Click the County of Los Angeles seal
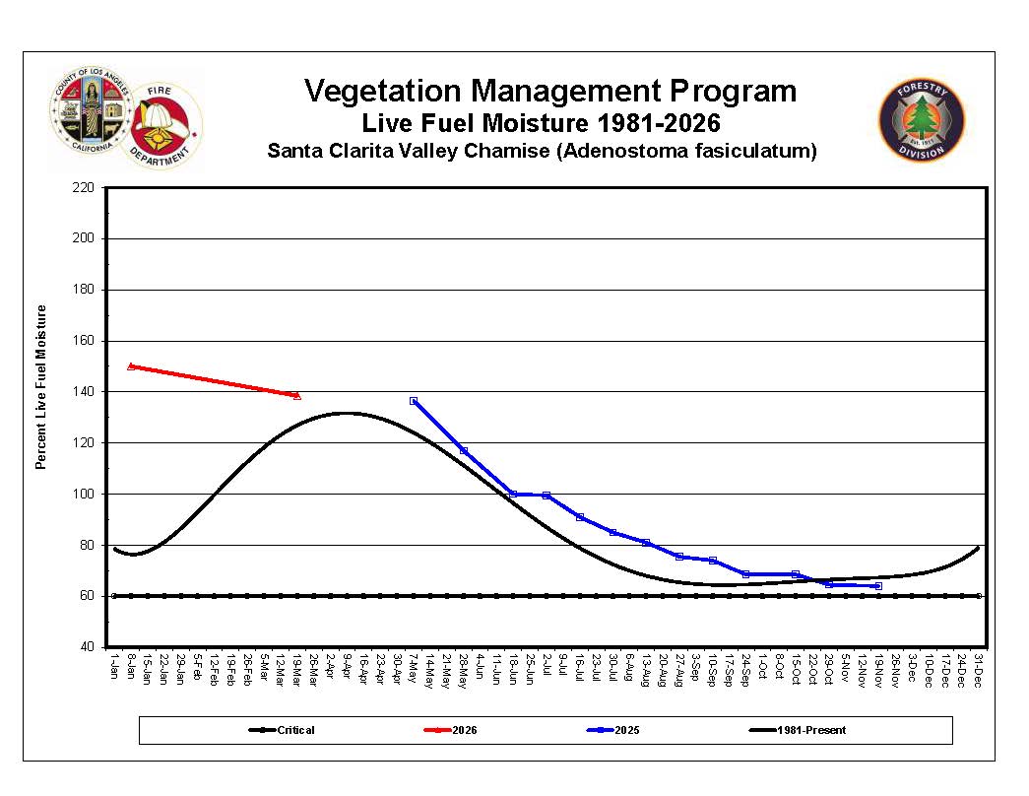[x=91, y=111]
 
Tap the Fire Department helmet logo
[x=163, y=126]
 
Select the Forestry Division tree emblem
[x=922, y=120]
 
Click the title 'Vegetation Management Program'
[x=549, y=92]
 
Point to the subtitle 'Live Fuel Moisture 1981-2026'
[x=541, y=124]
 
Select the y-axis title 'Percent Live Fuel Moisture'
[x=41, y=387]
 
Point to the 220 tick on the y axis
[x=84, y=187]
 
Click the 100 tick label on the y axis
[x=84, y=494]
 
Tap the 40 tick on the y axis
[x=87, y=647]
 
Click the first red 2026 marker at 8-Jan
[x=131, y=365]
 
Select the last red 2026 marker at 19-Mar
[x=296, y=395]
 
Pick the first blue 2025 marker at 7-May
[x=414, y=401]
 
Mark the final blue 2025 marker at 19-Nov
[x=878, y=586]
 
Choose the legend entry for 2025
[x=613, y=730]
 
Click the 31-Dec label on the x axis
[x=979, y=666]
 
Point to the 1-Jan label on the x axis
[x=114, y=666]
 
